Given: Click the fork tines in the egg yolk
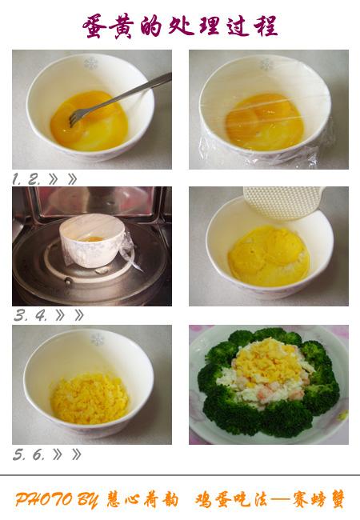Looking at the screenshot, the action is (76, 117).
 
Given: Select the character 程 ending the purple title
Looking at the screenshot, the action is (266, 26).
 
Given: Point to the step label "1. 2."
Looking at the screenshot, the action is (26, 179).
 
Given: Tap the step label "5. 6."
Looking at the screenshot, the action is (29, 454).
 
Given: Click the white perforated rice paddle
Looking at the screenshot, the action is (284, 202).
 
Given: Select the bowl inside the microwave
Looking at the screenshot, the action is (93, 240).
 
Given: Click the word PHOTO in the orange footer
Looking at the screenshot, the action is (44, 499).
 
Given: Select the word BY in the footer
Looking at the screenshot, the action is (88, 499).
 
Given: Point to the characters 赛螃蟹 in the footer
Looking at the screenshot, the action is (319, 499).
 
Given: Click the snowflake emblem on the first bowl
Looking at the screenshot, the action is (90, 63).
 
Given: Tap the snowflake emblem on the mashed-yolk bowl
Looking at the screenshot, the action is (98, 339).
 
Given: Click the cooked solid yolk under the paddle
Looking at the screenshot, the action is (269, 256).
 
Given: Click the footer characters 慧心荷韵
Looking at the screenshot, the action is (142, 499).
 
